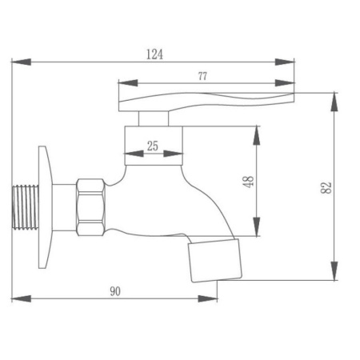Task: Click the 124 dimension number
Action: coord(154,54)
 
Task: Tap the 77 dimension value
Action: coord(202,76)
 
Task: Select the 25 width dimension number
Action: coord(153,146)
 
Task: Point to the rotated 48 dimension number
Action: coord(249,182)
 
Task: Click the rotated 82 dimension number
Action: coord(326,188)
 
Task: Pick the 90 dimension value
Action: coord(115,291)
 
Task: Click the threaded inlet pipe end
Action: coord(26,207)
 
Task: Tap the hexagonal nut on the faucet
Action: coord(90,207)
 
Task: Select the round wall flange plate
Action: coord(45,207)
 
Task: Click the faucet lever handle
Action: coord(206,102)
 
